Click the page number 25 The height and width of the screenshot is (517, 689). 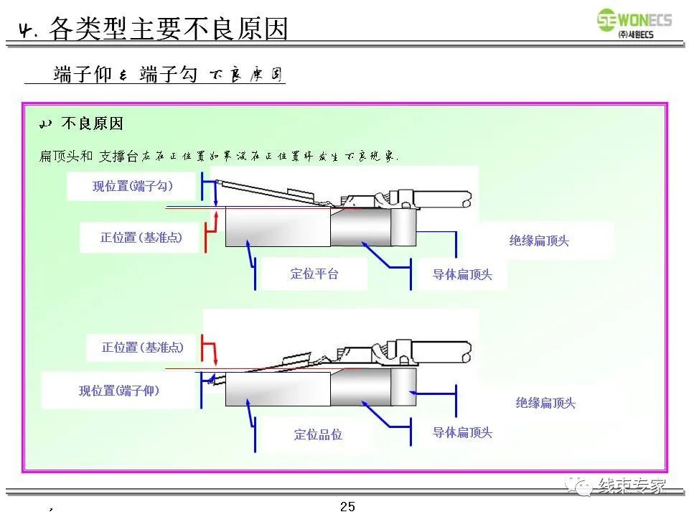tap(347, 506)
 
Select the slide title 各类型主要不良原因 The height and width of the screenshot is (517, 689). tap(169, 29)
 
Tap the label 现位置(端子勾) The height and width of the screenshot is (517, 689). tap(133, 186)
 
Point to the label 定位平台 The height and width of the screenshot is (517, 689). tap(314, 274)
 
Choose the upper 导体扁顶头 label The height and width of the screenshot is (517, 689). tap(462, 274)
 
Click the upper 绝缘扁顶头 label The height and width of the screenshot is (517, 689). tap(539, 241)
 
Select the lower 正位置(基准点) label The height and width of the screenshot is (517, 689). tap(142, 348)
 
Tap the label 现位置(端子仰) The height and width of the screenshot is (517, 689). tap(119, 391)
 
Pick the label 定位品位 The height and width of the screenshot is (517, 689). tap(318, 434)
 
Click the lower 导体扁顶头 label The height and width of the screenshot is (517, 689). tap(462, 432)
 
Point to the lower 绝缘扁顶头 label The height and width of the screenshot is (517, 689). tap(545, 403)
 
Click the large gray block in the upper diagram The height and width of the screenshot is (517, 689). tap(277, 226)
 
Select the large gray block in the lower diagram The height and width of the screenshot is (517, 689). tap(277, 389)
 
